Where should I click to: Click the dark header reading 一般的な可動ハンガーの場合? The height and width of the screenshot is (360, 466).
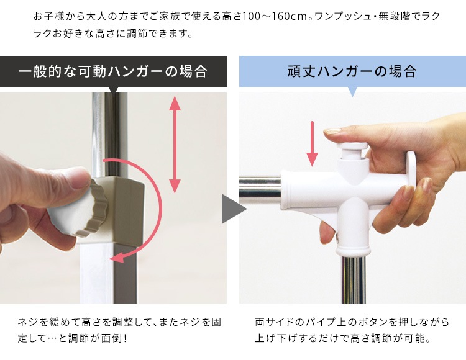(112, 71)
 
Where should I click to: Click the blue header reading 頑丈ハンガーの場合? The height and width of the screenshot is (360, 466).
(352, 71)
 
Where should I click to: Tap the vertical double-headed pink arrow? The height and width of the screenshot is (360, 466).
(175, 145)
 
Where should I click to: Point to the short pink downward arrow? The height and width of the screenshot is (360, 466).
(313, 146)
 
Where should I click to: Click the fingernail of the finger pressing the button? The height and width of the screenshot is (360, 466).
(334, 132)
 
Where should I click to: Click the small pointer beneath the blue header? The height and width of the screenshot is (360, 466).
(352, 91)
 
